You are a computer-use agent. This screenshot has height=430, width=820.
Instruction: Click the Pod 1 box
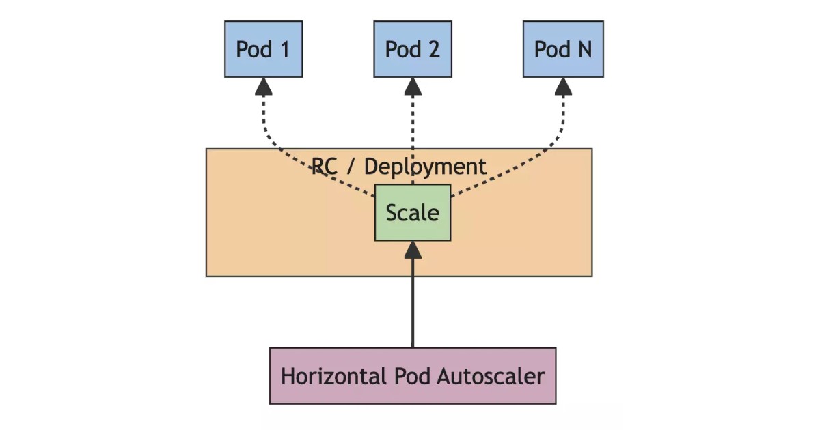click(x=263, y=49)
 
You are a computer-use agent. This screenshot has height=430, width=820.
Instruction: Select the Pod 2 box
click(x=412, y=49)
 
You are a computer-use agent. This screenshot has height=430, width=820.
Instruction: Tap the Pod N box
click(x=563, y=49)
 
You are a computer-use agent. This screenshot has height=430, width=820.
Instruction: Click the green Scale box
click(x=413, y=212)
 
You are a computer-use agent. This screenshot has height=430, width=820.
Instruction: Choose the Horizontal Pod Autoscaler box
click(x=412, y=376)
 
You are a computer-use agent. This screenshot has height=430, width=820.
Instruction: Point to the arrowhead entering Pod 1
click(x=263, y=86)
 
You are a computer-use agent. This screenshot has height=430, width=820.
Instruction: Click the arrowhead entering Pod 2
click(x=413, y=86)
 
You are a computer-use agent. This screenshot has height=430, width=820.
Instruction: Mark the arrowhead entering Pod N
click(x=563, y=86)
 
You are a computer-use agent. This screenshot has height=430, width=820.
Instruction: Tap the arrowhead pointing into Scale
click(x=413, y=250)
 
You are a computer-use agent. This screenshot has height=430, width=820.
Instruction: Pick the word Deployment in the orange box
click(x=425, y=167)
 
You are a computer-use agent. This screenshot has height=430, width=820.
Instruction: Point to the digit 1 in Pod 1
click(x=284, y=49)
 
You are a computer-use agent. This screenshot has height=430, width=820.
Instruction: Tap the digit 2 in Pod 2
click(x=433, y=49)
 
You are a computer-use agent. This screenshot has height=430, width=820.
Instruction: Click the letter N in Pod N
click(x=584, y=49)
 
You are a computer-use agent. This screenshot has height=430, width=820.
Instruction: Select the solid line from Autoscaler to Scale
click(x=413, y=307)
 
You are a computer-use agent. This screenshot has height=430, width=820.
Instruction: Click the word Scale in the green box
click(x=413, y=212)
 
